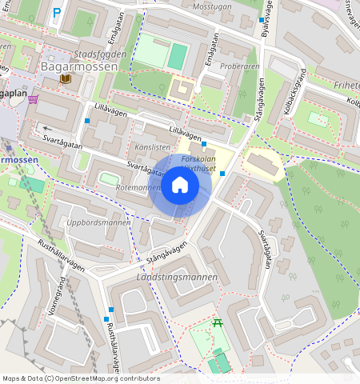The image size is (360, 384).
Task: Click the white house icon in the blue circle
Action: tap(180, 186)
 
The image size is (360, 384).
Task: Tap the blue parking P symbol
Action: tap(56, 13)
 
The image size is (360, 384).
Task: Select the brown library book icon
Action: tap(66, 79)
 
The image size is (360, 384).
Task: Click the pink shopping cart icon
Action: tap(33, 98)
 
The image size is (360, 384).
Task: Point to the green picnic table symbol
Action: tap(217, 324)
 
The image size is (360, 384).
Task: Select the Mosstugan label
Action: tap(212, 6)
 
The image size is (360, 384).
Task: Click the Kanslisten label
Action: tap(152, 148)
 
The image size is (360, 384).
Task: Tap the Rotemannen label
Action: tap(138, 187)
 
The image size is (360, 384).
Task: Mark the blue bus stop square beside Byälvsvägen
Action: tap(262, 19)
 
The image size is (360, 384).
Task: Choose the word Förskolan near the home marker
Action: tap(198, 159)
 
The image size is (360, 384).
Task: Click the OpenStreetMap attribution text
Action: tap(80, 378)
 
